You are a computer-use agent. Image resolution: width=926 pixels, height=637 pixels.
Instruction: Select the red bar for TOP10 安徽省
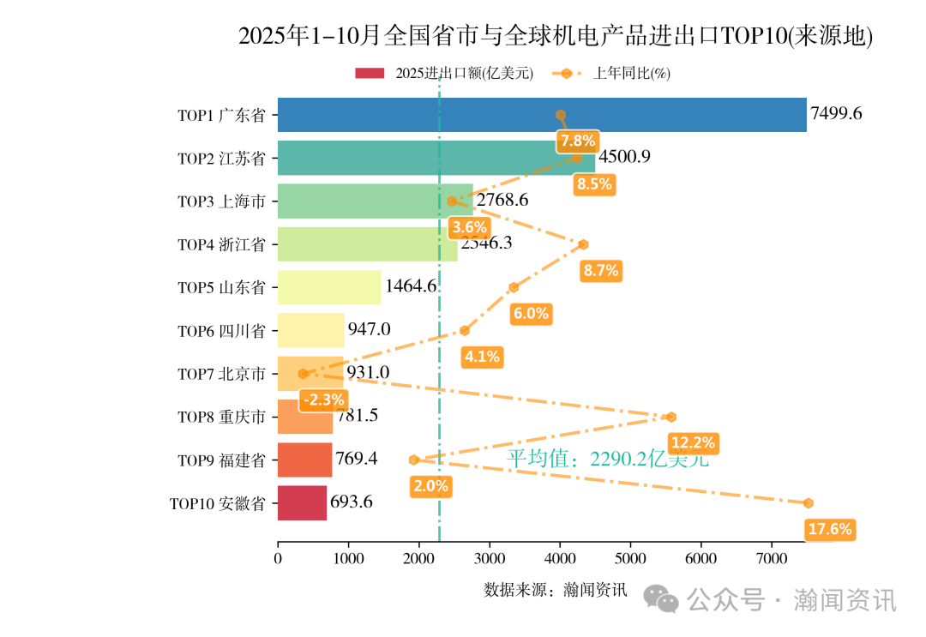(x=302, y=503)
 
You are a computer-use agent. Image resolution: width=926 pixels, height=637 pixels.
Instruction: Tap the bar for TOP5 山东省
(x=329, y=287)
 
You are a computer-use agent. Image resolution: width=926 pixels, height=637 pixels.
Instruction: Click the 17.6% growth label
(x=829, y=529)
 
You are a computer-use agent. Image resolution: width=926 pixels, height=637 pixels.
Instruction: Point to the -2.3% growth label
(x=323, y=400)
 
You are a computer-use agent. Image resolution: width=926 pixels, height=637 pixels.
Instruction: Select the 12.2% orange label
(x=693, y=442)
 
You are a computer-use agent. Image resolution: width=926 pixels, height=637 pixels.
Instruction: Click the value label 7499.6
(x=836, y=114)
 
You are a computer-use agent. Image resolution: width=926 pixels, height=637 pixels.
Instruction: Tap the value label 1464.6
(x=411, y=287)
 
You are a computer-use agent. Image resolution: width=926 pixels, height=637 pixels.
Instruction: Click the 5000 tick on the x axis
(x=630, y=559)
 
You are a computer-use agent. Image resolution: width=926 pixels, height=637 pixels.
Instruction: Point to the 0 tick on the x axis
(x=278, y=559)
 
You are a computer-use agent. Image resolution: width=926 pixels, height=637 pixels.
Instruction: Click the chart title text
(x=555, y=36)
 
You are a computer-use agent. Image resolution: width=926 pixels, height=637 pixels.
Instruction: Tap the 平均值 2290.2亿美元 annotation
(x=607, y=459)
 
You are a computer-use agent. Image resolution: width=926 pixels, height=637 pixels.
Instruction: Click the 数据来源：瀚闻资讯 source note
(x=555, y=590)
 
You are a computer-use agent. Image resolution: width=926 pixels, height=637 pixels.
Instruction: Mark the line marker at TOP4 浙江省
(x=583, y=244)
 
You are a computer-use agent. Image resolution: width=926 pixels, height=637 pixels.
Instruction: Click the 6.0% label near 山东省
(x=530, y=314)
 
